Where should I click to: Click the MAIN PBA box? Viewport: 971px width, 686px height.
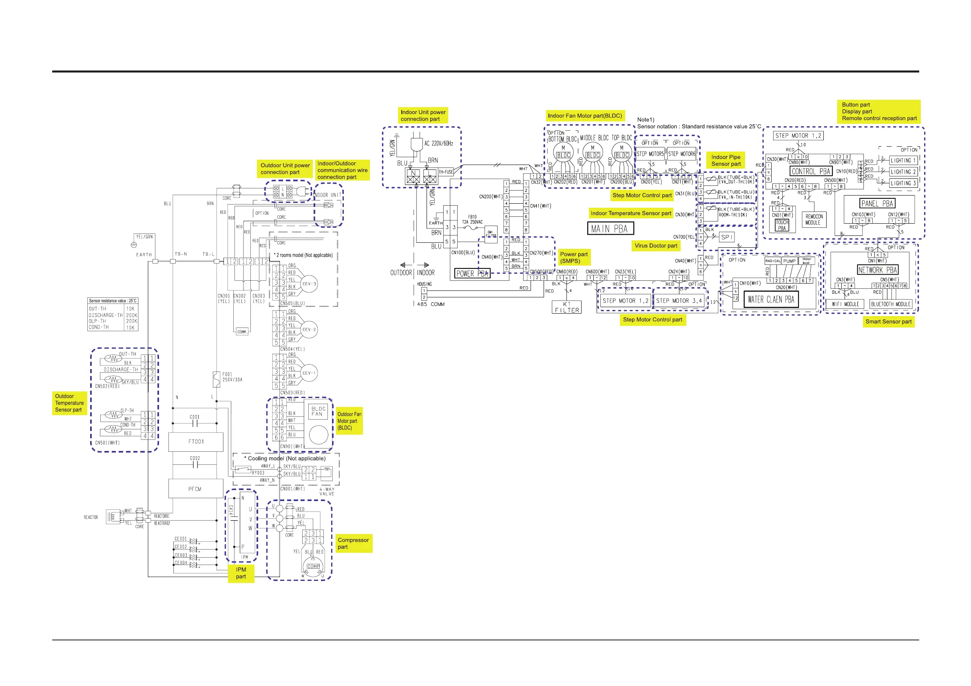[x=610, y=229]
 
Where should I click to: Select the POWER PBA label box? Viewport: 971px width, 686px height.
[x=472, y=273]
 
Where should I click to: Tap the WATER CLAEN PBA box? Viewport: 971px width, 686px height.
[x=770, y=299]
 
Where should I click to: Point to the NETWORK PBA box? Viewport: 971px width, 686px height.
[x=877, y=270]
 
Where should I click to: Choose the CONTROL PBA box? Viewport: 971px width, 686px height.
[x=811, y=171]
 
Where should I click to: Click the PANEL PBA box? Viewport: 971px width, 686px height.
[x=878, y=203]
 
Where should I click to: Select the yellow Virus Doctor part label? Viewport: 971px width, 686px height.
[x=655, y=246]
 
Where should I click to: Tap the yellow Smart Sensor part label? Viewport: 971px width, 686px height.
[x=888, y=321]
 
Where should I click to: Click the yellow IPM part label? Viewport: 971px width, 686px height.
[x=241, y=573]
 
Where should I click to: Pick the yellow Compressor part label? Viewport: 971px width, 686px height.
[x=354, y=543]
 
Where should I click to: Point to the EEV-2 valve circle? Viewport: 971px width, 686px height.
[x=309, y=330]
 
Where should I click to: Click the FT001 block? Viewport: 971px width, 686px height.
[x=196, y=442]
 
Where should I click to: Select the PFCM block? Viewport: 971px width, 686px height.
[x=195, y=489]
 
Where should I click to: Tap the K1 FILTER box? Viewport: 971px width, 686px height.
[x=567, y=307]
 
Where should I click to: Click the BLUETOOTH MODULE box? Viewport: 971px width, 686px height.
[x=890, y=304]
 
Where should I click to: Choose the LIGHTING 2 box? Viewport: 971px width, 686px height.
[x=903, y=172]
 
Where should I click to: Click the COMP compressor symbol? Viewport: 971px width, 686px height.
[x=313, y=567]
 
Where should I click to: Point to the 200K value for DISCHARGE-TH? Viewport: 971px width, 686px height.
[x=131, y=315]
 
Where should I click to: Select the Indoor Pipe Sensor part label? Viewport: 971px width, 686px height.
[x=726, y=161]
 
